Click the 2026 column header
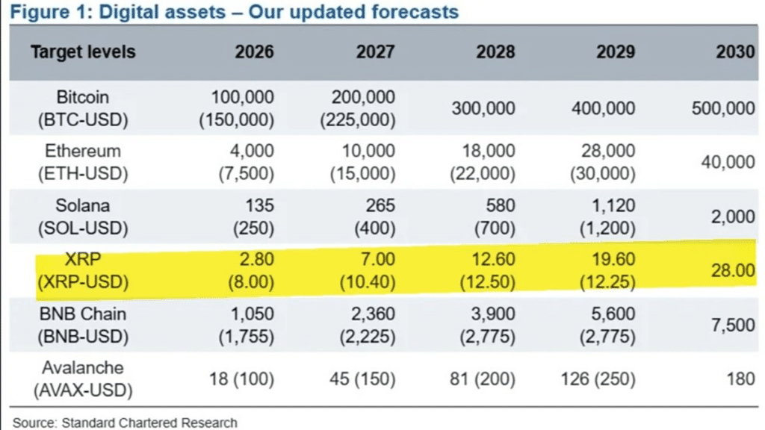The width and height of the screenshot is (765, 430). coord(254,52)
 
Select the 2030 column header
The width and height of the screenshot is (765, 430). coord(735,52)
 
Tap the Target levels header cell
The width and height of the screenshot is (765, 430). coord(83,52)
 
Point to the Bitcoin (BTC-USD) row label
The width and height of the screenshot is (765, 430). coord(82,108)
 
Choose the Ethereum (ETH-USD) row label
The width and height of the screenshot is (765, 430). coord(82,162)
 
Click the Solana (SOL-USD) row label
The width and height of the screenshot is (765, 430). coord(82,216)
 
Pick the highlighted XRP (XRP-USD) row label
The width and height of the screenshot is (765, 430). coord(82,270)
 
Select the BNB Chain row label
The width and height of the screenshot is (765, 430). coord(82,325)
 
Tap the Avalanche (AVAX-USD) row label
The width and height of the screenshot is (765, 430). coord(82,378)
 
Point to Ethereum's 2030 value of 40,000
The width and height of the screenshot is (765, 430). coord(728,163)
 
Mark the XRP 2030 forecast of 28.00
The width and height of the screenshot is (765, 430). coord(732,270)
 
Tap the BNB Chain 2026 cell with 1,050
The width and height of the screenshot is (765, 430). coord(250,314)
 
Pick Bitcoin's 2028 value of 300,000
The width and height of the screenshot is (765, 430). coord(483,108)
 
